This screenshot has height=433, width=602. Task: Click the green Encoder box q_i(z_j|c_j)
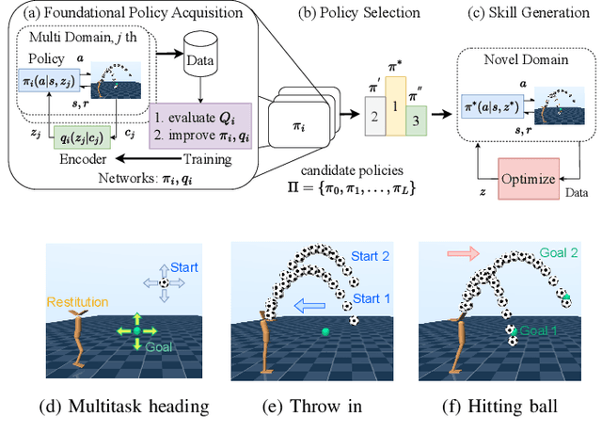[x=91, y=138]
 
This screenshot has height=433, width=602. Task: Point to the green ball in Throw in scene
[x=325, y=331]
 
